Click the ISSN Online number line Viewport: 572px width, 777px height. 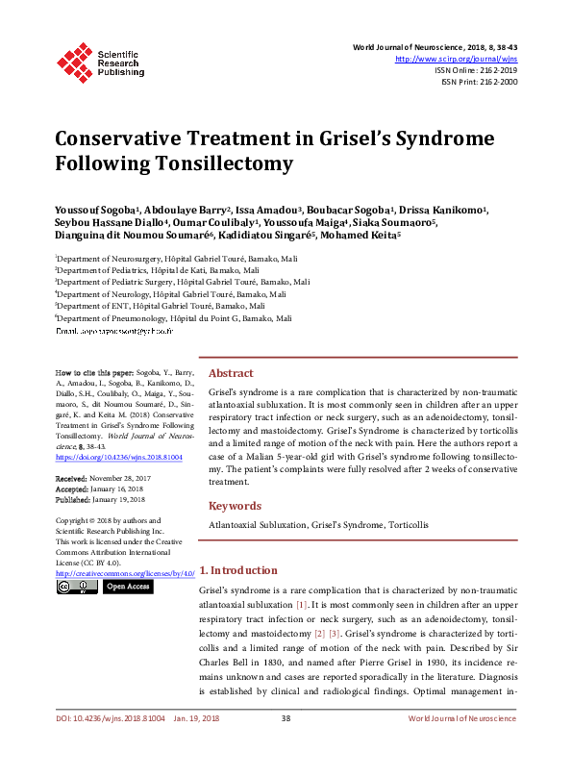coord(476,70)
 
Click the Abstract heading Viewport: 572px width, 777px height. coord(231,373)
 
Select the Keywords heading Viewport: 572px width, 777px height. coord(235,506)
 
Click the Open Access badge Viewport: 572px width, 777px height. coord(127,586)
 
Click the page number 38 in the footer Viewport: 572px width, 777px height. coord(286,745)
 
